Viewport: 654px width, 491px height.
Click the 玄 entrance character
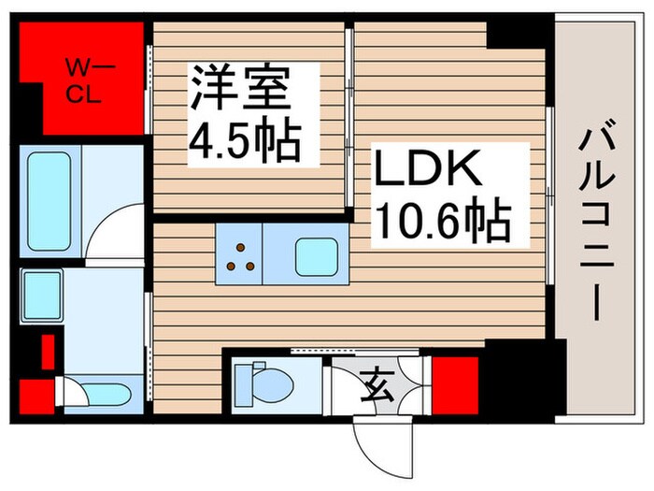[x=375, y=384]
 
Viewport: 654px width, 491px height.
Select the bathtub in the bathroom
[x=49, y=201]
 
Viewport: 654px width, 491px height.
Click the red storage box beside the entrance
[x=447, y=383]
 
